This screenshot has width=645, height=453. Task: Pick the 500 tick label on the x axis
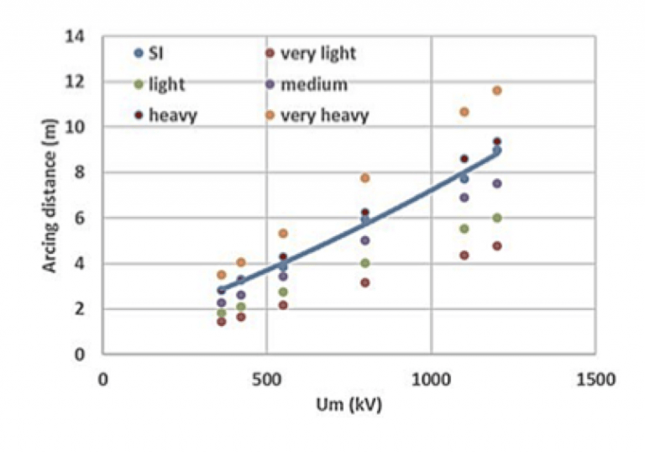click(x=266, y=379)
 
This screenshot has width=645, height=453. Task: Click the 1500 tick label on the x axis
click(x=595, y=379)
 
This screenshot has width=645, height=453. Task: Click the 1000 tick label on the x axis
click(x=430, y=379)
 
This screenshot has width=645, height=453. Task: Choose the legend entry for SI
click(x=155, y=54)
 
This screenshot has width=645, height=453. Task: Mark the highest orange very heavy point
click(x=497, y=91)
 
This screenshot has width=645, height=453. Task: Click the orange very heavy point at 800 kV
click(x=365, y=178)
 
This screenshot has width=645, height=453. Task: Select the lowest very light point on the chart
click(x=222, y=322)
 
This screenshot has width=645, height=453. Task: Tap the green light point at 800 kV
click(x=365, y=263)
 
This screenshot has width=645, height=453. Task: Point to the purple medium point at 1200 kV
click(x=497, y=183)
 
